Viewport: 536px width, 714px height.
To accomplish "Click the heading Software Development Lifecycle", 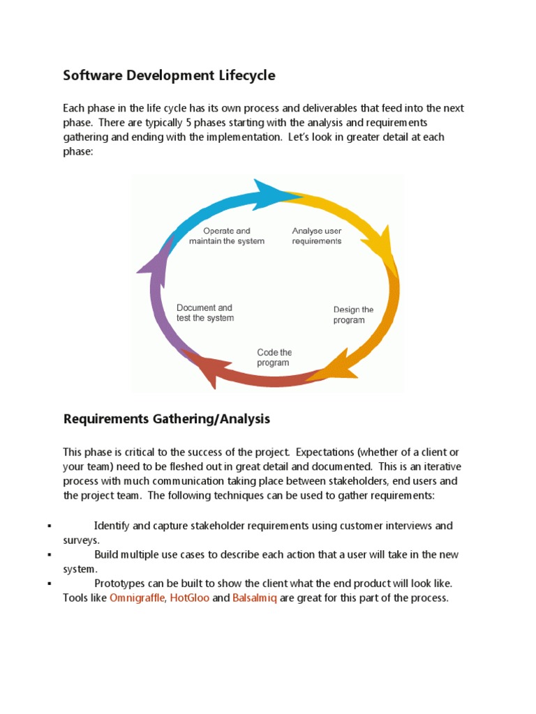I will (x=169, y=75).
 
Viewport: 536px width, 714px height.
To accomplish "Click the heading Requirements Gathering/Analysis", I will (x=166, y=419).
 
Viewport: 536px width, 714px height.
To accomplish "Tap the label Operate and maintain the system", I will (x=227, y=236).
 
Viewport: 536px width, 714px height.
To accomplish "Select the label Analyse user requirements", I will (x=316, y=236).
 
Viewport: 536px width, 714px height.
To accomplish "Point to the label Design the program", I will (x=353, y=314).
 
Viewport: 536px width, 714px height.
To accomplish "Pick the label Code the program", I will (x=274, y=358).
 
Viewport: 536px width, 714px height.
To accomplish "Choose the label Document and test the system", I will (x=204, y=312).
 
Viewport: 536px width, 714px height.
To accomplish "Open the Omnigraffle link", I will (x=137, y=598).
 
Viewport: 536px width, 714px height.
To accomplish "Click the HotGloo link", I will (x=190, y=598).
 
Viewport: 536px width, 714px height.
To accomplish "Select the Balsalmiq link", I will (x=255, y=598).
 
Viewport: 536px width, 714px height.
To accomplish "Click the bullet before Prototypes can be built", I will (x=50, y=584).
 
